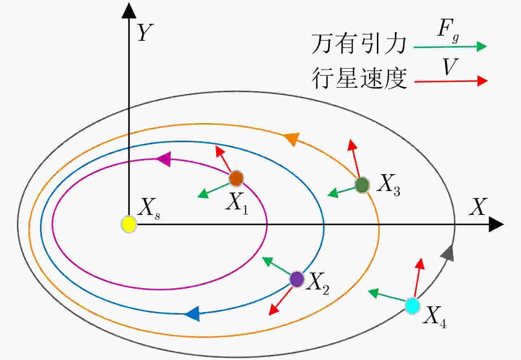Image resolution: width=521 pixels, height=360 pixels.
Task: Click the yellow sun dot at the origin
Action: click(129, 224)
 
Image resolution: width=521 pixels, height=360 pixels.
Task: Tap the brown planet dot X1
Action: click(236, 179)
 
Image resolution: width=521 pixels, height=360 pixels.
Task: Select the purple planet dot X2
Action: click(297, 279)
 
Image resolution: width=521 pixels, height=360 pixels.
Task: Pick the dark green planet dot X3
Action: click(362, 185)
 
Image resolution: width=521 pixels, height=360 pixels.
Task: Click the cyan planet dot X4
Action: click(413, 306)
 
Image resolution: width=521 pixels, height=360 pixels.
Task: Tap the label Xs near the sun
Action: click(149, 209)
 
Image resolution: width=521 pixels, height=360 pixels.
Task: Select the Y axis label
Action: click(145, 32)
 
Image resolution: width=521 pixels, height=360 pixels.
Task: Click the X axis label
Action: click(478, 206)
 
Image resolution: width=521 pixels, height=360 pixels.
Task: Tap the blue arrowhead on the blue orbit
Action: click(192, 314)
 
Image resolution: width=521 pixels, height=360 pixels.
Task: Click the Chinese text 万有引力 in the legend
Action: click(359, 44)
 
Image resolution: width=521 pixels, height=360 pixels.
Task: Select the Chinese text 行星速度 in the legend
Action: click(359, 78)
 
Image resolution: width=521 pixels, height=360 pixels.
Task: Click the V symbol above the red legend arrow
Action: click(450, 66)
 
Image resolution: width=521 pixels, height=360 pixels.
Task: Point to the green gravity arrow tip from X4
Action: click(368, 291)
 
